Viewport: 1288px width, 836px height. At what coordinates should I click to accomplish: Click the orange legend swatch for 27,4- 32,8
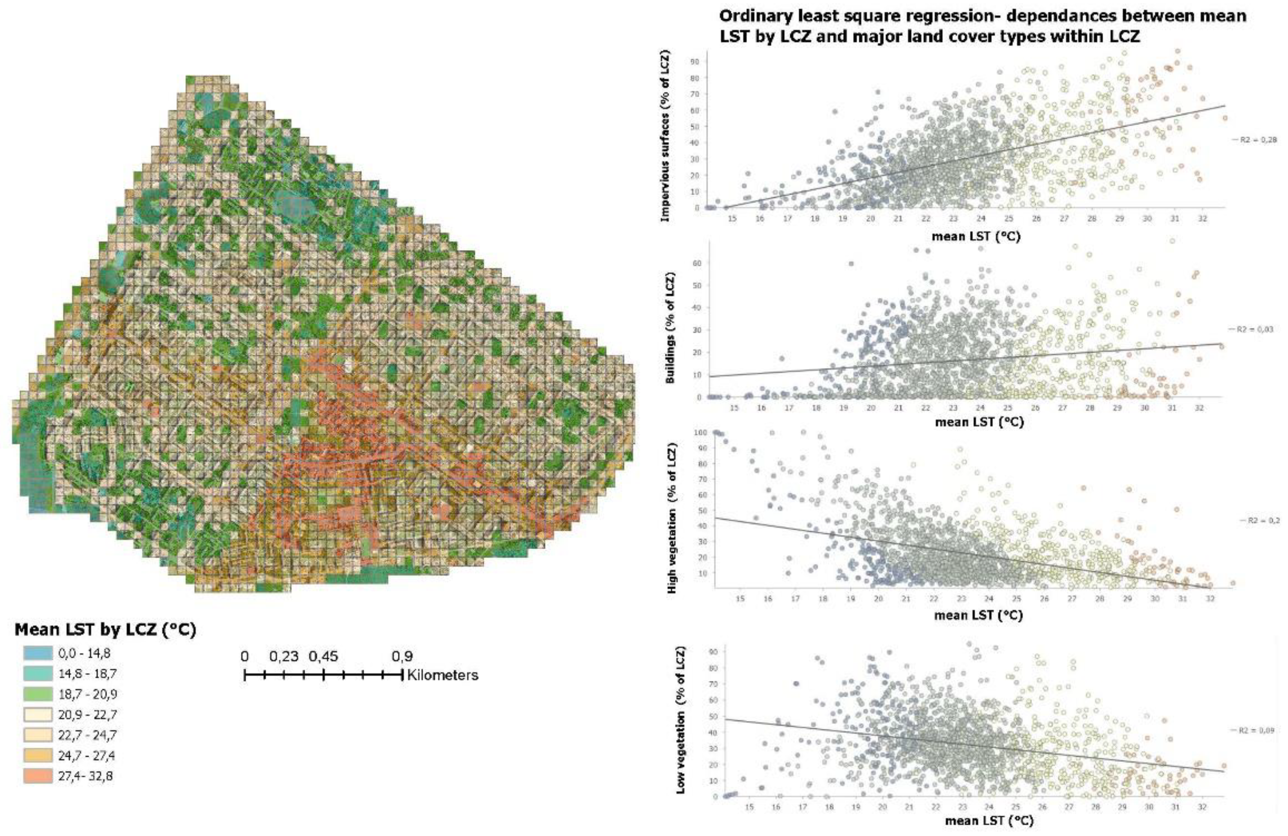(x=38, y=775)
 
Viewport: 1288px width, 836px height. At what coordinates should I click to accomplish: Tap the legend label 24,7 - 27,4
(x=87, y=755)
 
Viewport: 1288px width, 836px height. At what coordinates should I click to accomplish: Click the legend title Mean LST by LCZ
(x=105, y=630)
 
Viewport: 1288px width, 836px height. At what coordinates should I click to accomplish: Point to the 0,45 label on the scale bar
(x=323, y=656)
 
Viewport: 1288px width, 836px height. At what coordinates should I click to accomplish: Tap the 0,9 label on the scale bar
(x=402, y=656)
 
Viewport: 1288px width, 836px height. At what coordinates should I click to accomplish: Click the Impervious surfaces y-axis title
(x=666, y=136)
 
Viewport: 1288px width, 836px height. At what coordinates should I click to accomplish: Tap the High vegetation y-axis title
(x=673, y=518)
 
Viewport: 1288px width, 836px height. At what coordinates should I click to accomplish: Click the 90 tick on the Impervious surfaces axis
(x=695, y=62)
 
